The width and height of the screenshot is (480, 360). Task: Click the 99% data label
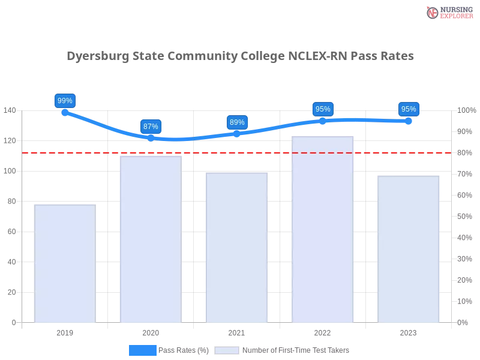coord(65,101)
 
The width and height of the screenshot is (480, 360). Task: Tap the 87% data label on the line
coord(151,127)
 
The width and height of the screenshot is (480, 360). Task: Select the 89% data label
coord(237,122)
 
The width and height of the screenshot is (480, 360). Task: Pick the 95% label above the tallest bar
coord(323,109)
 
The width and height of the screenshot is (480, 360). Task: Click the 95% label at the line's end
coord(409,109)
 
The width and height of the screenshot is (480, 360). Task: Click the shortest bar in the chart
coord(65,264)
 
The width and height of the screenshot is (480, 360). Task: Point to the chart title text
coord(241,57)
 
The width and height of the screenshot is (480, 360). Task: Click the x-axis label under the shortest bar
coord(65,332)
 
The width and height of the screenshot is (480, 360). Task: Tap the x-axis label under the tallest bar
coord(322,332)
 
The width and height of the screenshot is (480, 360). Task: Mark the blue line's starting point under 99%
coord(65,112)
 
